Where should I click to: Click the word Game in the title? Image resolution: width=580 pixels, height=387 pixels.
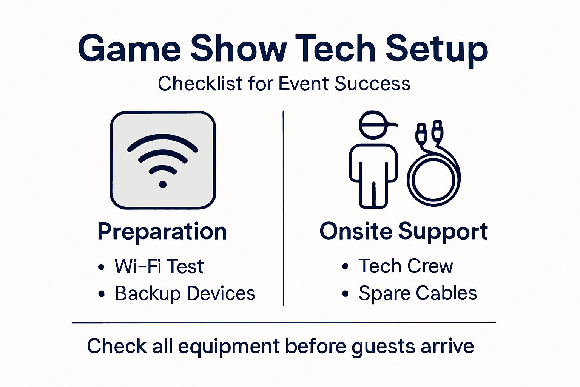tap(129, 49)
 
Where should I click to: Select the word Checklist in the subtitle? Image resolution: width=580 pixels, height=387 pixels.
tap(200, 84)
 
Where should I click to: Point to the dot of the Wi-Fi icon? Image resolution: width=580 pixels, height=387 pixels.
tap(163, 184)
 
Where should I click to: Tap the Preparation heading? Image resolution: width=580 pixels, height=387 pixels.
tap(162, 231)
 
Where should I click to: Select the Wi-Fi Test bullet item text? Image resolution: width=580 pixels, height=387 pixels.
tap(159, 266)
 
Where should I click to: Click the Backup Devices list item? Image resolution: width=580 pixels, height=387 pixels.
tap(185, 294)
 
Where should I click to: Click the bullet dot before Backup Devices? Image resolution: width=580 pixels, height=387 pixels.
tap(101, 294)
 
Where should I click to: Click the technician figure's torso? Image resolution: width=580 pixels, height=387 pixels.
tap(373, 163)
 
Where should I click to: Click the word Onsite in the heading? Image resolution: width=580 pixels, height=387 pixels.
tap(355, 231)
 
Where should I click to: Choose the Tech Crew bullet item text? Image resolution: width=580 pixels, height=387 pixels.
tap(406, 266)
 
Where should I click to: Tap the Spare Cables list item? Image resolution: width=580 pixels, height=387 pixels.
tap(418, 294)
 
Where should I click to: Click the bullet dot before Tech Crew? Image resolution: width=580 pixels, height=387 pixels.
tap(345, 266)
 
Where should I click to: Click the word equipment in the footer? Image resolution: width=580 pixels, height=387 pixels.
tap(229, 347)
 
